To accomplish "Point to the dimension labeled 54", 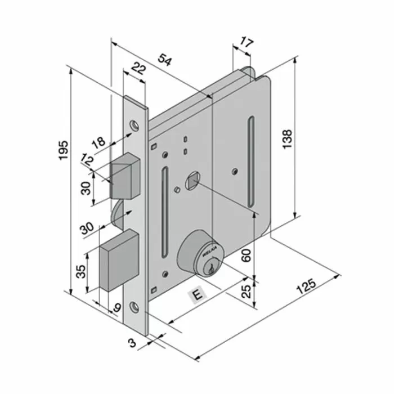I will (164, 59).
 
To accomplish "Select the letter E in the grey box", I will (196, 294).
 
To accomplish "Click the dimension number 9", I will (117, 308).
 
